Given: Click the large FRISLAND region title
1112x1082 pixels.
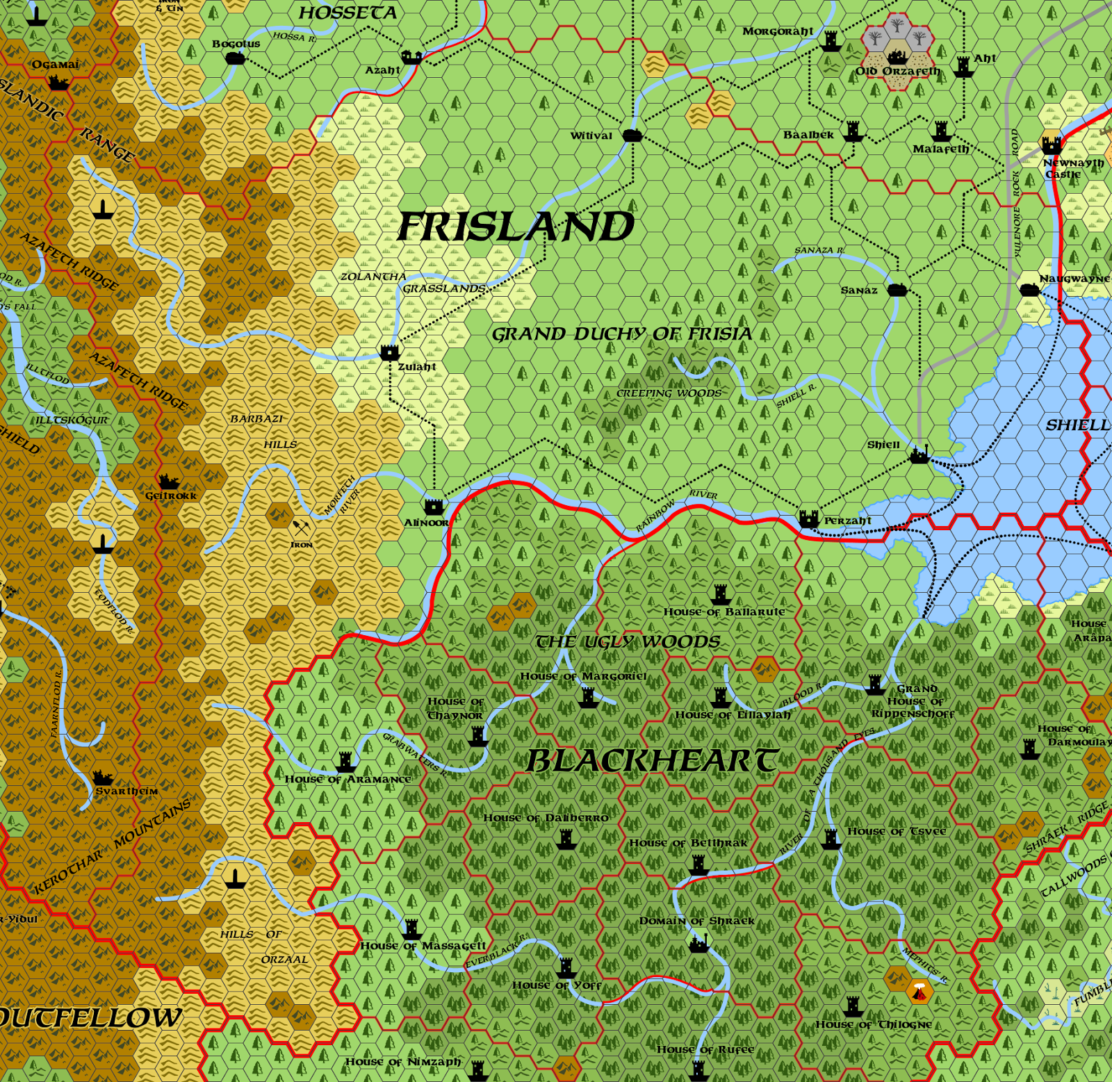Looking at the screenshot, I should click(515, 227).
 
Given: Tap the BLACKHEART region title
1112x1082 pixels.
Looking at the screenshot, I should click(651, 761).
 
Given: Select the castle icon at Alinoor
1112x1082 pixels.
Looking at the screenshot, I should click(434, 506).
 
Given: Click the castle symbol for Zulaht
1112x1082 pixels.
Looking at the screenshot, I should click(389, 352).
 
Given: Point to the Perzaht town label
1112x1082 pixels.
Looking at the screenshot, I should click(847, 520).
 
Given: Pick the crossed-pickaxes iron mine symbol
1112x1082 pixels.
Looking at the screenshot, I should click(301, 529).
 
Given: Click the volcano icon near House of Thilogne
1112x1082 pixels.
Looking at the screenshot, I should click(919, 992).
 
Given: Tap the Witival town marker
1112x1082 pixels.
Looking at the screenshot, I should click(632, 135).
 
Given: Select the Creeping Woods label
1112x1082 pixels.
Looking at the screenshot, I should click(669, 393).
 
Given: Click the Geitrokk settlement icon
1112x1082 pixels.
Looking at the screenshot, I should click(168, 482).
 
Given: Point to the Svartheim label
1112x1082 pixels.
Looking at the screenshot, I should click(126, 791).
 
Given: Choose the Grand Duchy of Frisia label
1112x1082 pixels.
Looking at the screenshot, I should click(622, 334).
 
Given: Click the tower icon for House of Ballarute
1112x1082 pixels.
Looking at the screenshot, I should click(721, 595).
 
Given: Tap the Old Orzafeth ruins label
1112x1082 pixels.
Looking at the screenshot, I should click(897, 71).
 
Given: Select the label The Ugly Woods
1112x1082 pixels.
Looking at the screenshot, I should click(628, 641).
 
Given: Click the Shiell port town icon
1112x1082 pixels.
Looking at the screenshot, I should click(919, 455).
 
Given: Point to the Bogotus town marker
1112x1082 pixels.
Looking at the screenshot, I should click(236, 58).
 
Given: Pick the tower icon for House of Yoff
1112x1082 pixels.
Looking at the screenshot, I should click(566, 967).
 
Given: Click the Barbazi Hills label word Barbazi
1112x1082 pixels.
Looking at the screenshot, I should click(256, 419).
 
